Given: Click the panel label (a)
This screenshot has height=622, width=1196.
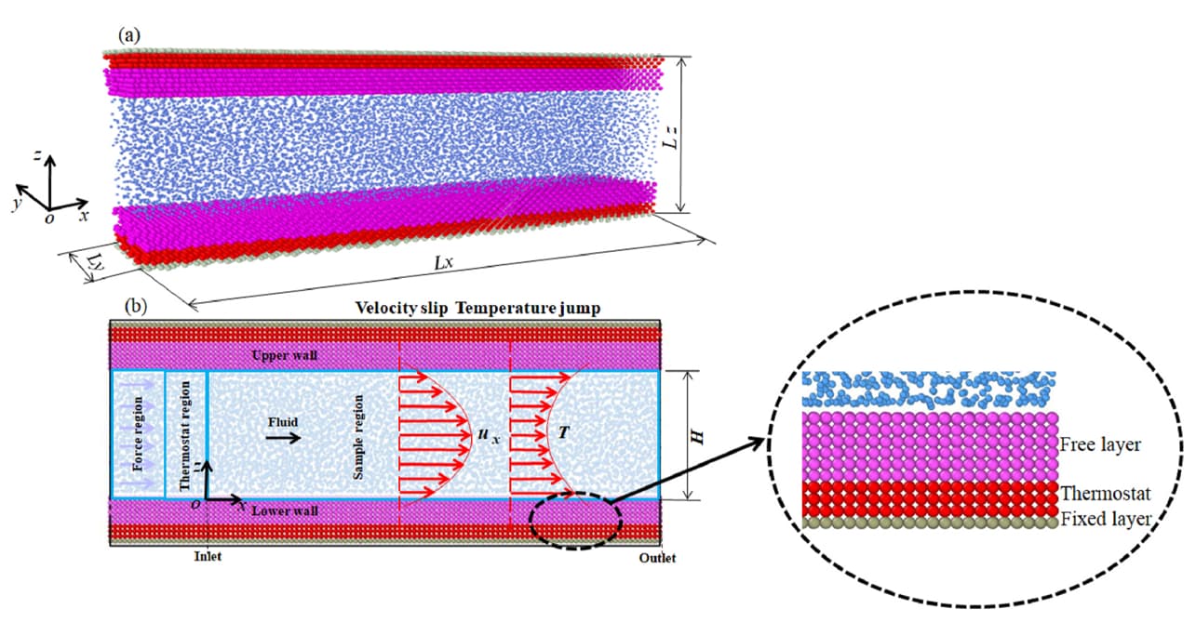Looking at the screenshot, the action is [x=129, y=35].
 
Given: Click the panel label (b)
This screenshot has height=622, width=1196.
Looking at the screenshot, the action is [x=136, y=306].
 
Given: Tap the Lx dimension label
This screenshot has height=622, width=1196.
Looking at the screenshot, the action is [x=443, y=262].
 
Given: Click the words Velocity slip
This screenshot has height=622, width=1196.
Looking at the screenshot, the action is [x=401, y=309].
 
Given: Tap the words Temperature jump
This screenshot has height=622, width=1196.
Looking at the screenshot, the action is [x=528, y=309].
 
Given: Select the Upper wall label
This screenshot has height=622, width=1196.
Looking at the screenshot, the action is [x=285, y=355].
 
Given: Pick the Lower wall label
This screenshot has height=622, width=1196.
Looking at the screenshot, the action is [x=285, y=510].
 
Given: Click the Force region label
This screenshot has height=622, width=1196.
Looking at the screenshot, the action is [x=138, y=433].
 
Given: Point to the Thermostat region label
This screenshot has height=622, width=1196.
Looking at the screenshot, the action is [x=184, y=435].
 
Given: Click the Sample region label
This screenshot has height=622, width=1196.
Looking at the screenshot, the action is [x=358, y=437].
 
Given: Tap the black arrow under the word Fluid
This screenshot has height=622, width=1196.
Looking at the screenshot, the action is [x=284, y=438].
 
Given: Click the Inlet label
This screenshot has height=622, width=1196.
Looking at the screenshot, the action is [x=208, y=556].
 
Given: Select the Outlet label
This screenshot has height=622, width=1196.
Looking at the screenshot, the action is [x=657, y=558].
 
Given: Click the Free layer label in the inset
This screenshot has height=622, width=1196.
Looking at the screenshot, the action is [x=1100, y=444].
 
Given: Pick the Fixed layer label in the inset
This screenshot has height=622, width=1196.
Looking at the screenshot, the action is [x=1105, y=519].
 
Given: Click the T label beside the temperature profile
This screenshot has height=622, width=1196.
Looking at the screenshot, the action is [x=564, y=432].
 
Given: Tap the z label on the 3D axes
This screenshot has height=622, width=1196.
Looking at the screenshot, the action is [x=37, y=155].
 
